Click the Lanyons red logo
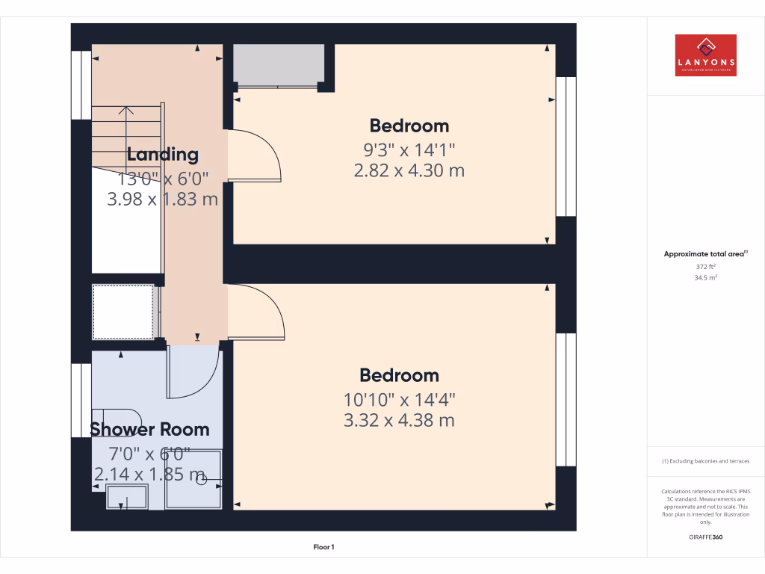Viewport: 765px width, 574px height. tap(705, 55)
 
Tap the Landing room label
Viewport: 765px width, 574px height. tap(162, 155)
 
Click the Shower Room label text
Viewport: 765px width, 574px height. tap(149, 429)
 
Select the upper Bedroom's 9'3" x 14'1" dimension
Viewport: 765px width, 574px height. tap(409, 149)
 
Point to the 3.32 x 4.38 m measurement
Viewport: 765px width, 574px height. tap(399, 420)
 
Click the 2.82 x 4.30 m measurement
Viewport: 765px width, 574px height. tap(409, 170)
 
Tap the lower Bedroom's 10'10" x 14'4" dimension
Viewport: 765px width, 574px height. tap(399, 398)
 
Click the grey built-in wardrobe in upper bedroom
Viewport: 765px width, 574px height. tap(279, 64)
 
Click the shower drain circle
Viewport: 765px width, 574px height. tap(201, 481)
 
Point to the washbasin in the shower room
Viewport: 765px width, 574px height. tap(127, 496)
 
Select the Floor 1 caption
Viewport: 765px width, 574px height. tap(323, 548)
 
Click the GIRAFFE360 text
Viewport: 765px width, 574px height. tap(705, 537)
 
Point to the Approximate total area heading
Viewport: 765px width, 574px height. tap(704, 254)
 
